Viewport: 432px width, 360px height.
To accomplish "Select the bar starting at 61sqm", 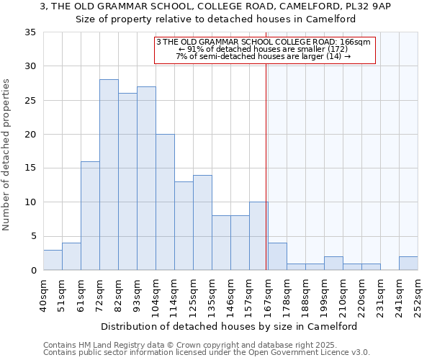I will click(90, 216).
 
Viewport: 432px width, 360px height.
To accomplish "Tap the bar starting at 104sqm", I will click(165, 202).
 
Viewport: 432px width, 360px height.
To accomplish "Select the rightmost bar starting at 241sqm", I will click(408, 264).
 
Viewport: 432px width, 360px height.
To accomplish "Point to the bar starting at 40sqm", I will click(53, 260).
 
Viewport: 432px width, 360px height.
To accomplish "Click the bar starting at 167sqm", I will click(277, 256).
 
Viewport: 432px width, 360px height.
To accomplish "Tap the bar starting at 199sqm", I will click(333, 264).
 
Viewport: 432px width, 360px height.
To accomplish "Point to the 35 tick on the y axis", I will click(30, 32).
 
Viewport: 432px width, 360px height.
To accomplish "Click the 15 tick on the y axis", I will click(30, 168).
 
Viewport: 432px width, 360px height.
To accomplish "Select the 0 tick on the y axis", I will click(33, 270).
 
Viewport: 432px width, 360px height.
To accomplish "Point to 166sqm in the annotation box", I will click(355, 42).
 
